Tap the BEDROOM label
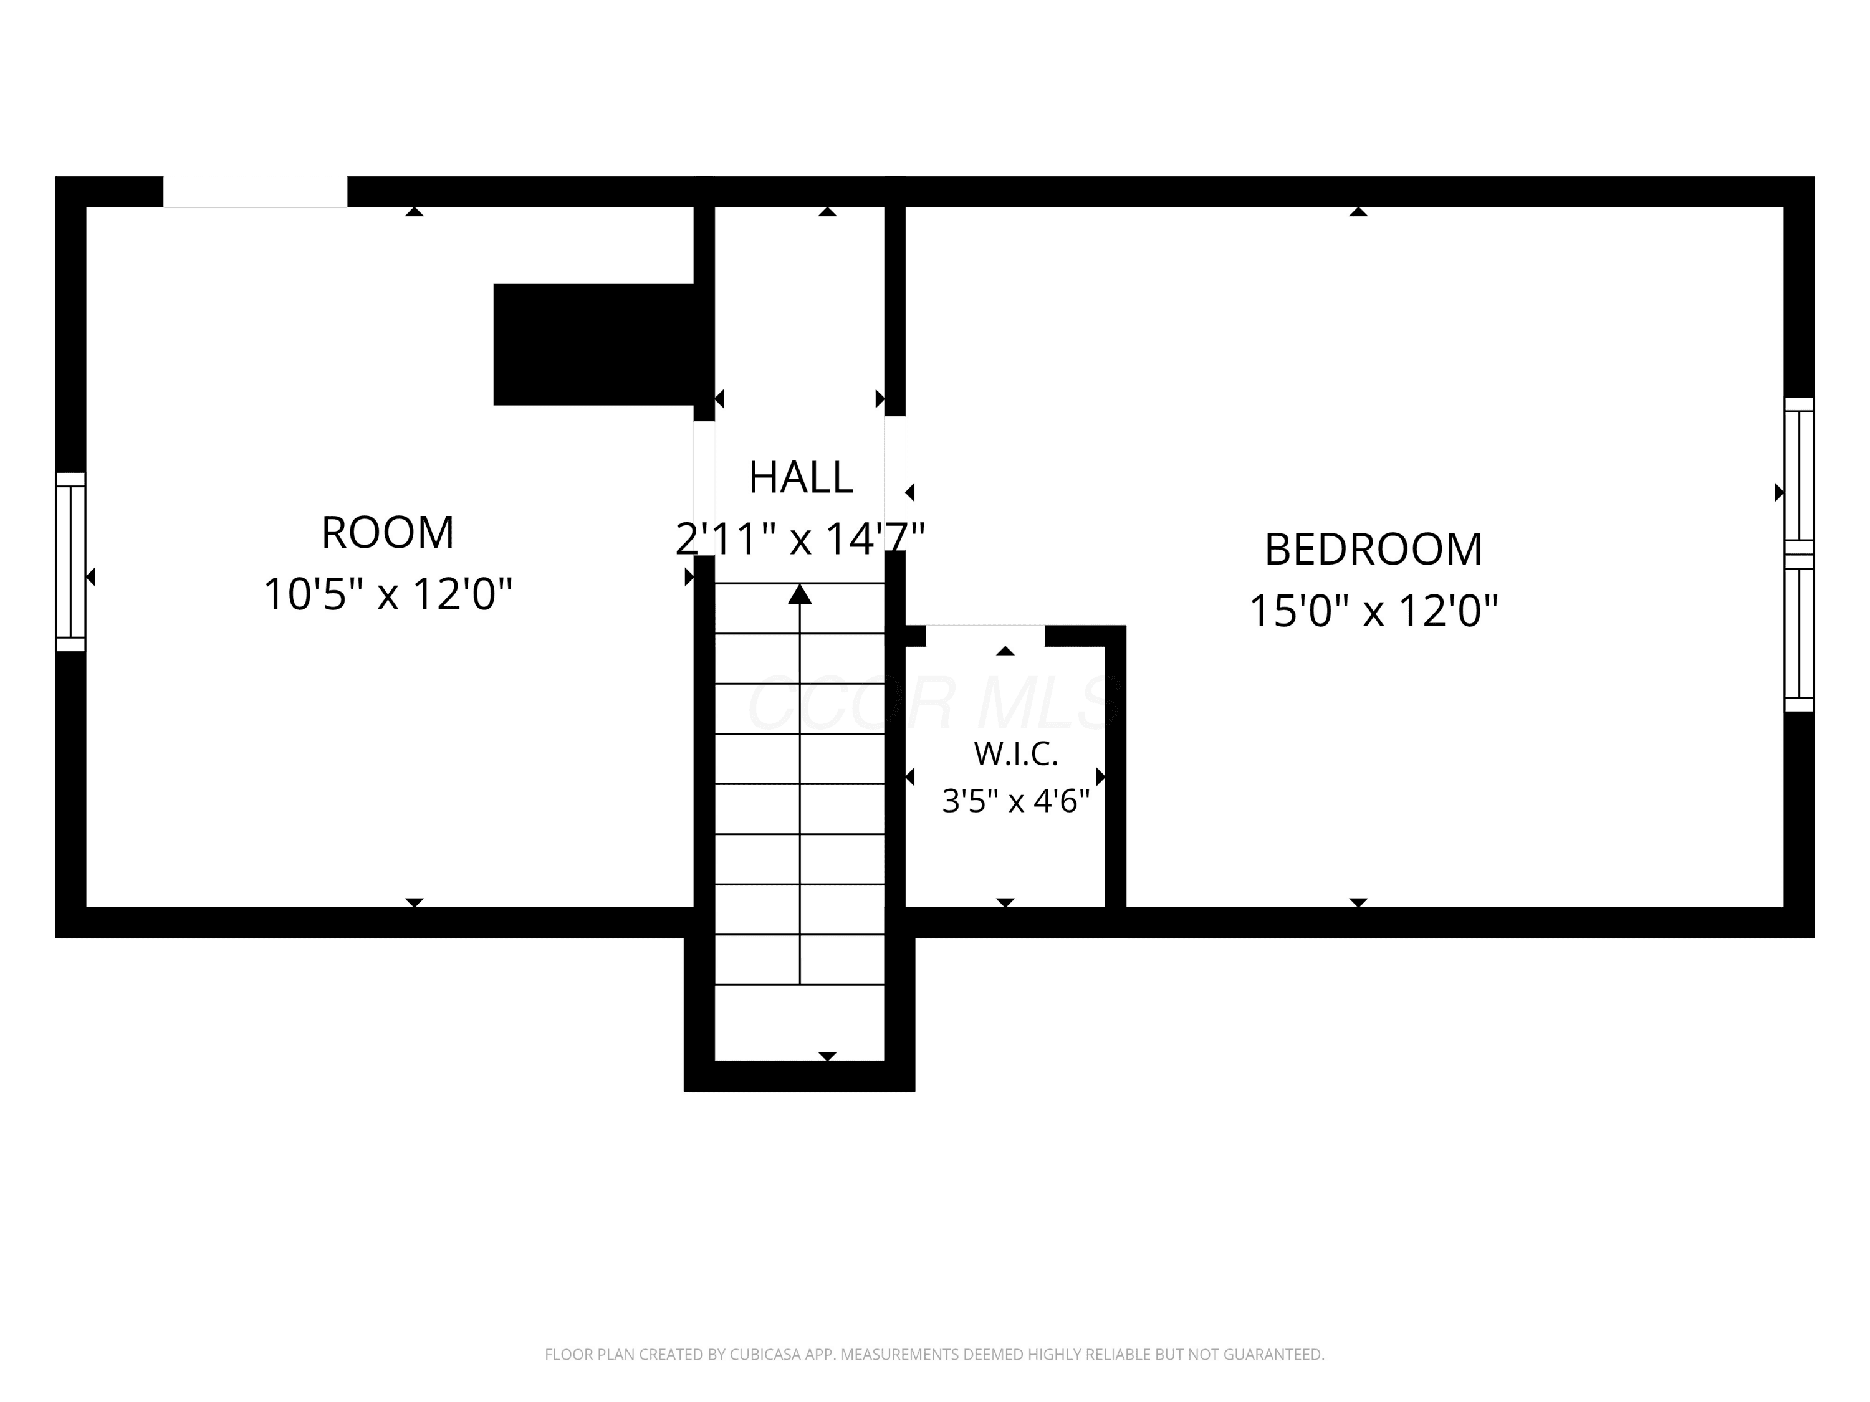(1373, 550)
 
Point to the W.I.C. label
(1015, 754)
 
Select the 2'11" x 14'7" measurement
(800, 538)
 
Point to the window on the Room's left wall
(71, 562)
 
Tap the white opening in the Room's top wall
(256, 192)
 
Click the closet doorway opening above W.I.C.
(985, 636)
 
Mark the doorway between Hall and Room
(704, 489)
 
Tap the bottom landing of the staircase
(800, 1022)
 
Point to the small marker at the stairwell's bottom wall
(828, 1056)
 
